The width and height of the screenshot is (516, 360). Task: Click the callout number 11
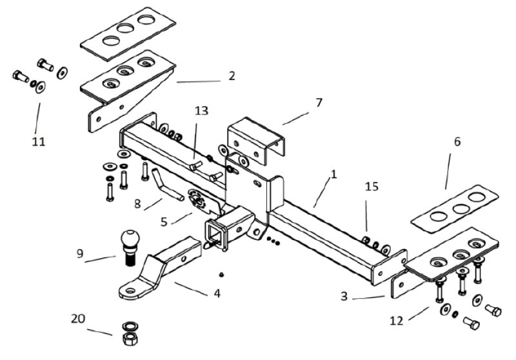(38, 142)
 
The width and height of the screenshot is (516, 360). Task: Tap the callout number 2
(232, 75)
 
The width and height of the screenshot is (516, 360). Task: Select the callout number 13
(201, 110)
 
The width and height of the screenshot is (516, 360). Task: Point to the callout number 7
(319, 103)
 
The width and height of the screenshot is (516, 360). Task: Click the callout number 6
(457, 142)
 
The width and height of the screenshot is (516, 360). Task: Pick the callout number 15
(372, 186)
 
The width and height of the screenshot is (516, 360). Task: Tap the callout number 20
(78, 319)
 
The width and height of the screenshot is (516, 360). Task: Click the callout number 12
(397, 321)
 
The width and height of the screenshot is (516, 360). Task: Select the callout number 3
(344, 296)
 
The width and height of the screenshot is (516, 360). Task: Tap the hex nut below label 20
(130, 339)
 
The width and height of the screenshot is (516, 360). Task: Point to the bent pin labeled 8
(166, 185)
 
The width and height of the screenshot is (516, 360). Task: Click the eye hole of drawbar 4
(130, 291)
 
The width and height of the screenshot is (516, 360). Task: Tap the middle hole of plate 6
(461, 208)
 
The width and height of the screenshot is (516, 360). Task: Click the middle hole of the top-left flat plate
(125, 28)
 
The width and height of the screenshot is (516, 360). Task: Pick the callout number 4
(217, 293)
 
